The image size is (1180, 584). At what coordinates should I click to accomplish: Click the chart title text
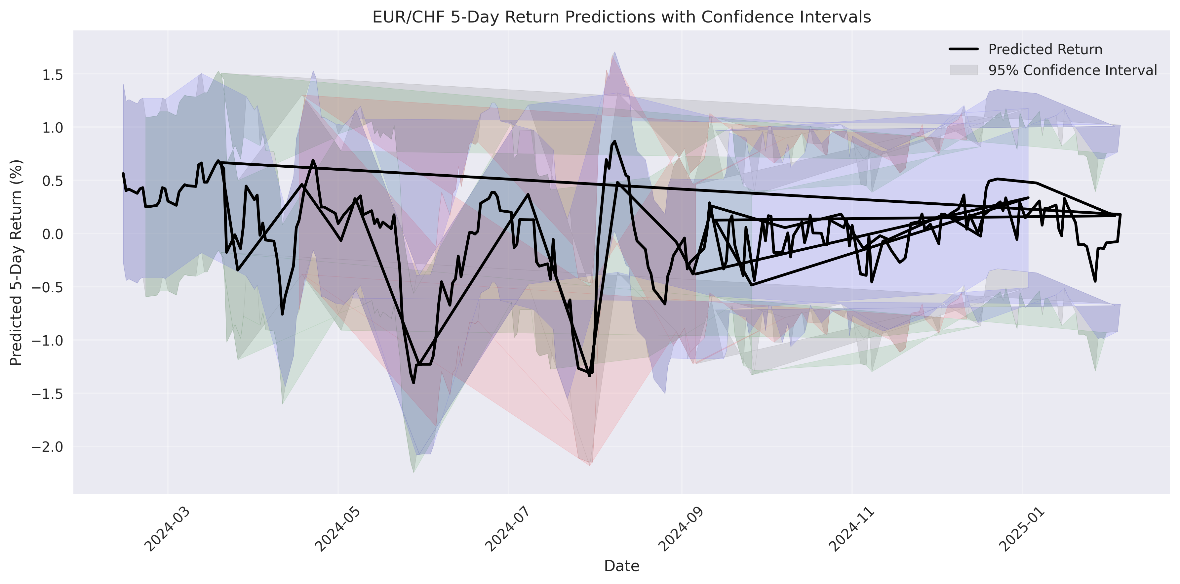click(621, 17)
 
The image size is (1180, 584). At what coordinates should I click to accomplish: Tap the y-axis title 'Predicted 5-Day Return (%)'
click(17, 262)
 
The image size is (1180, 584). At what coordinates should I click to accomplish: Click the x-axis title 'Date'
click(621, 566)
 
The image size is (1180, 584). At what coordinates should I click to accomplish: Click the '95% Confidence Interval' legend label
click(1072, 70)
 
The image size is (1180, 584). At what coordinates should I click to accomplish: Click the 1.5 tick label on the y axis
click(52, 74)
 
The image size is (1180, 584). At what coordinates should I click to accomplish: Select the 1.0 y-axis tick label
click(52, 127)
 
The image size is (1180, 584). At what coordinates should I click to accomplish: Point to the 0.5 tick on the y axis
click(52, 181)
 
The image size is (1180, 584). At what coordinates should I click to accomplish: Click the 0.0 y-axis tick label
click(52, 234)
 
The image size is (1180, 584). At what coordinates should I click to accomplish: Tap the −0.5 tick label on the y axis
click(48, 287)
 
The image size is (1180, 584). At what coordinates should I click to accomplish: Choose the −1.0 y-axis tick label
click(48, 340)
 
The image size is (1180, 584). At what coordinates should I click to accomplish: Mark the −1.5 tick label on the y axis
click(48, 393)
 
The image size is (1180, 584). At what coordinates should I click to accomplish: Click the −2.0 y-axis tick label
click(48, 446)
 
